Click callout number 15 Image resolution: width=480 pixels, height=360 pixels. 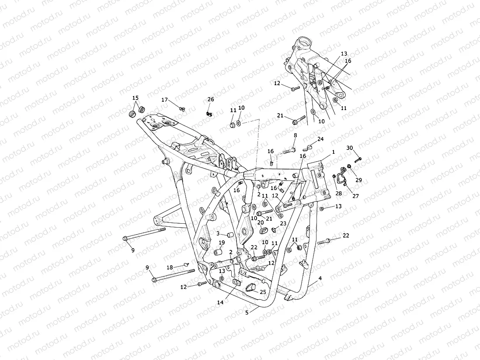(x=135, y=98)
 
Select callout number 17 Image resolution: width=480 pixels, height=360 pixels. (x=164, y=100)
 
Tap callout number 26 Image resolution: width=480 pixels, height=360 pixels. (x=211, y=100)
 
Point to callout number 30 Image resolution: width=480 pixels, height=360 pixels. (x=349, y=148)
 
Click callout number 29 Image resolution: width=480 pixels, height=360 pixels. (x=358, y=180)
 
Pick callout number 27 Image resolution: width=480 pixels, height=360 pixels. (x=355, y=196)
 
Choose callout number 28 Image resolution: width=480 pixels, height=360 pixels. (x=337, y=193)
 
